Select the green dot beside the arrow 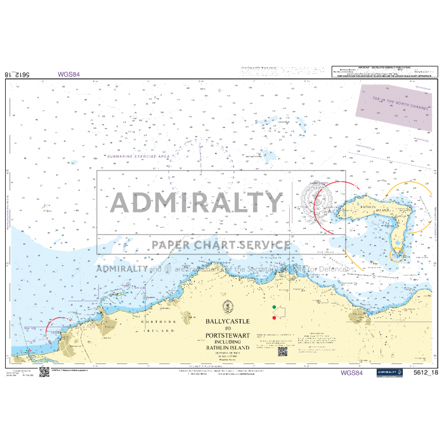(x=274, y=308)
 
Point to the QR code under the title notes (x=283, y=351)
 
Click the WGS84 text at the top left (x=69, y=74)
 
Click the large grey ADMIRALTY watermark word (x=197, y=203)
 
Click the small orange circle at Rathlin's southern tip (x=398, y=254)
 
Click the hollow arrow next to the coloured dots (x=282, y=311)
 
